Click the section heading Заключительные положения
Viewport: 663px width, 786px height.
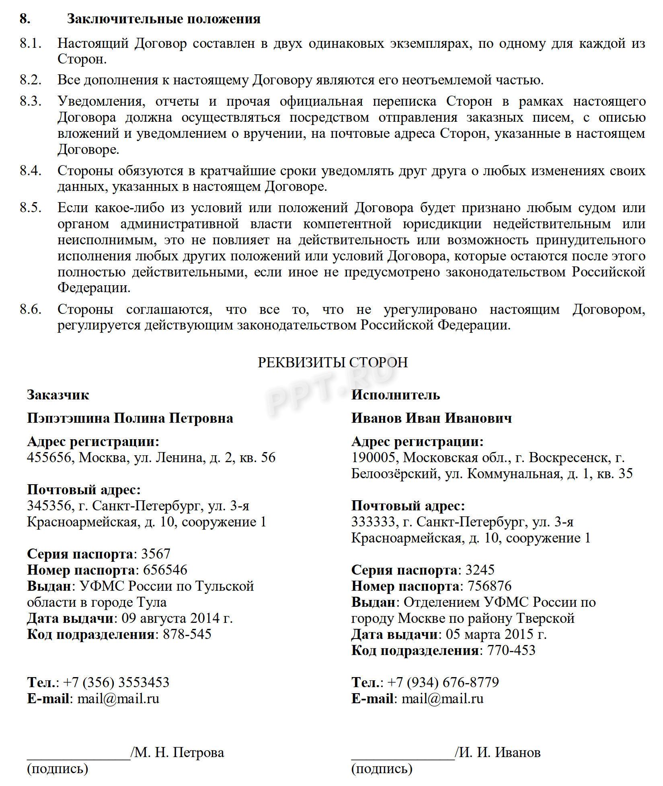(163, 19)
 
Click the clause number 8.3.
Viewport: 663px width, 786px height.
(31, 101)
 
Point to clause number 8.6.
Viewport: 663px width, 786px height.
(31, 309)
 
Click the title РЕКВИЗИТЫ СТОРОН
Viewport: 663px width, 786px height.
(333, 362)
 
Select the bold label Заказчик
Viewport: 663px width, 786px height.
(58, 395)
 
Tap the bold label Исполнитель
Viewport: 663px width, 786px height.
(396, 395)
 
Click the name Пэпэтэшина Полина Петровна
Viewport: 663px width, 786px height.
(130, 418)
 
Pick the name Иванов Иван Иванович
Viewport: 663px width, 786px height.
(431, 418)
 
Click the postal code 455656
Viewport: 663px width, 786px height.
(49, 458)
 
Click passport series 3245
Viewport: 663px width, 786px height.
(480, 570)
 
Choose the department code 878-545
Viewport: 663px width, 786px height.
(187, 634)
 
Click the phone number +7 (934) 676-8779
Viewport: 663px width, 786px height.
(443, 682)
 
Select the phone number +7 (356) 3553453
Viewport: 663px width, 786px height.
(116, 682)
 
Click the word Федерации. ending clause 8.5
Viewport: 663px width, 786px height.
(94, 288)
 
